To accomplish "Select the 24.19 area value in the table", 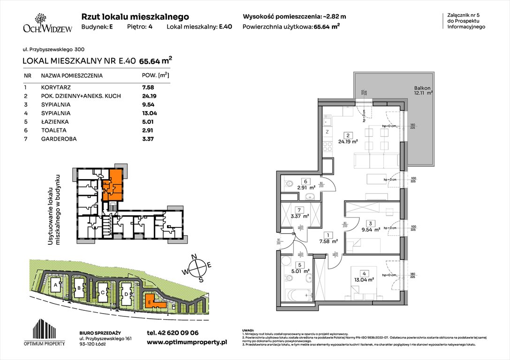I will [148, 96].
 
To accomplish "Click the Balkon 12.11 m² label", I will [423, 90].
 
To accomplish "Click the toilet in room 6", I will [289, 184].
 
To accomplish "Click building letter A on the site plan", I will [55, 285].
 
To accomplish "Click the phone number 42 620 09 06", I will [172, 333].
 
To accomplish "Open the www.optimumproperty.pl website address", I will [186, 343].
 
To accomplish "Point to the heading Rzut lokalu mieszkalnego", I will [135, 16].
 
